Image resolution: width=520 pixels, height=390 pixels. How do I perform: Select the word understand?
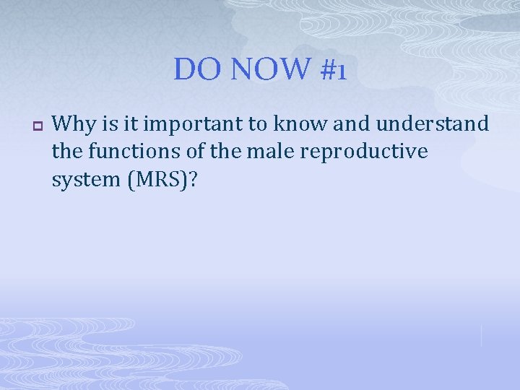pos(432,124)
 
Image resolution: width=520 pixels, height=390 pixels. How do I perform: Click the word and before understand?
pos(352,124)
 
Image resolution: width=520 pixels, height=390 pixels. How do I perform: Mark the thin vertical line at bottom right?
pos(481,335)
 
